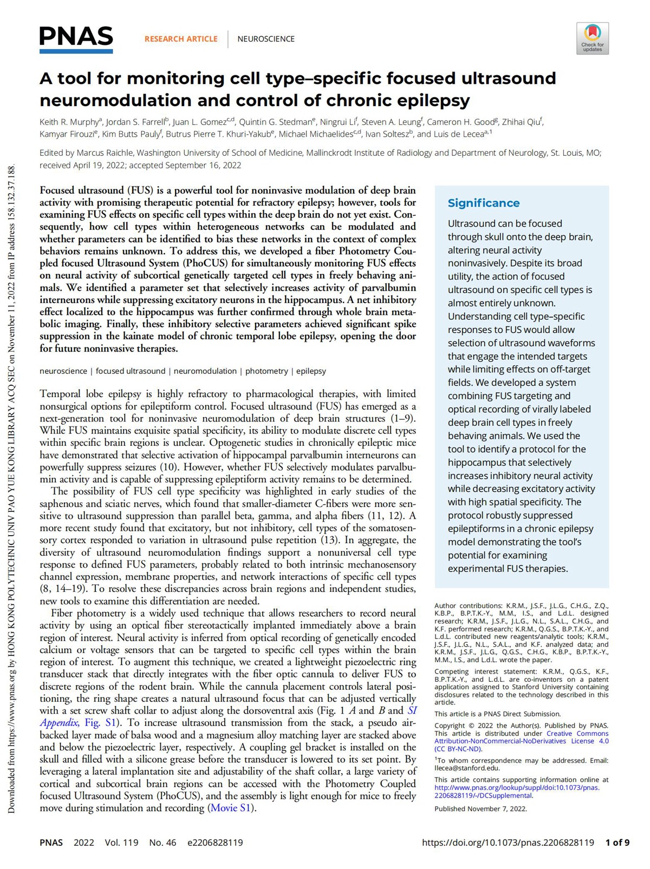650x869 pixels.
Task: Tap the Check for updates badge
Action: click(x=592, y=38)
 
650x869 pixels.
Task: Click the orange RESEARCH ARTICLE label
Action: click(x=181, y=39)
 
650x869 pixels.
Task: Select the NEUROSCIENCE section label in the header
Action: click(x=266, y=39)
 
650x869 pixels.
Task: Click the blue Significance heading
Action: click(x=483, y=203)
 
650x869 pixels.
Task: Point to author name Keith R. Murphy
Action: click(x=69, y=122)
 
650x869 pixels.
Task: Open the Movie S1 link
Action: click(x=231, y=808)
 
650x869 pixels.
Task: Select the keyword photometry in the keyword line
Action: click(x=266, y=371)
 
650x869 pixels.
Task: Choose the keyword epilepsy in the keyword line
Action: click(x=311, y=371)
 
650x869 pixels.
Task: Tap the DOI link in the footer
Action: click(x=508, y=842)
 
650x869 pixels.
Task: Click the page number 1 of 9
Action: click(x=617, y=842)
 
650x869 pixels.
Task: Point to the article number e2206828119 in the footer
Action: click(x=215, y=842)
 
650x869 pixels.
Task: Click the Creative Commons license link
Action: click(x=521, y=741)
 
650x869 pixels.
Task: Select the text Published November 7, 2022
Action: click(x=480, y=808)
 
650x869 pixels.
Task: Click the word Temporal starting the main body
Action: click(x=61, y=394)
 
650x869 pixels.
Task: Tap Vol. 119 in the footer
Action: click(x=121, y=842)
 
